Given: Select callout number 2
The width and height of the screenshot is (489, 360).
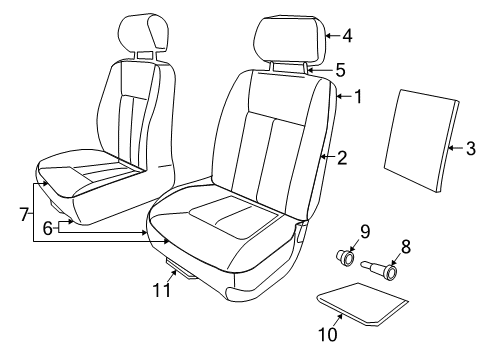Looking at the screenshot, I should click(x=342, y=157).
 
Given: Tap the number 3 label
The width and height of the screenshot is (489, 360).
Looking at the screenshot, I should click(x=471, y=149).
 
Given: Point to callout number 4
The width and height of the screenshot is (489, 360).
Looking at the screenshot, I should click(x=347, y=37).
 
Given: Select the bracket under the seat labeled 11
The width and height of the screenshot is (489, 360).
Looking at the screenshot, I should click(x=180, y=267).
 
